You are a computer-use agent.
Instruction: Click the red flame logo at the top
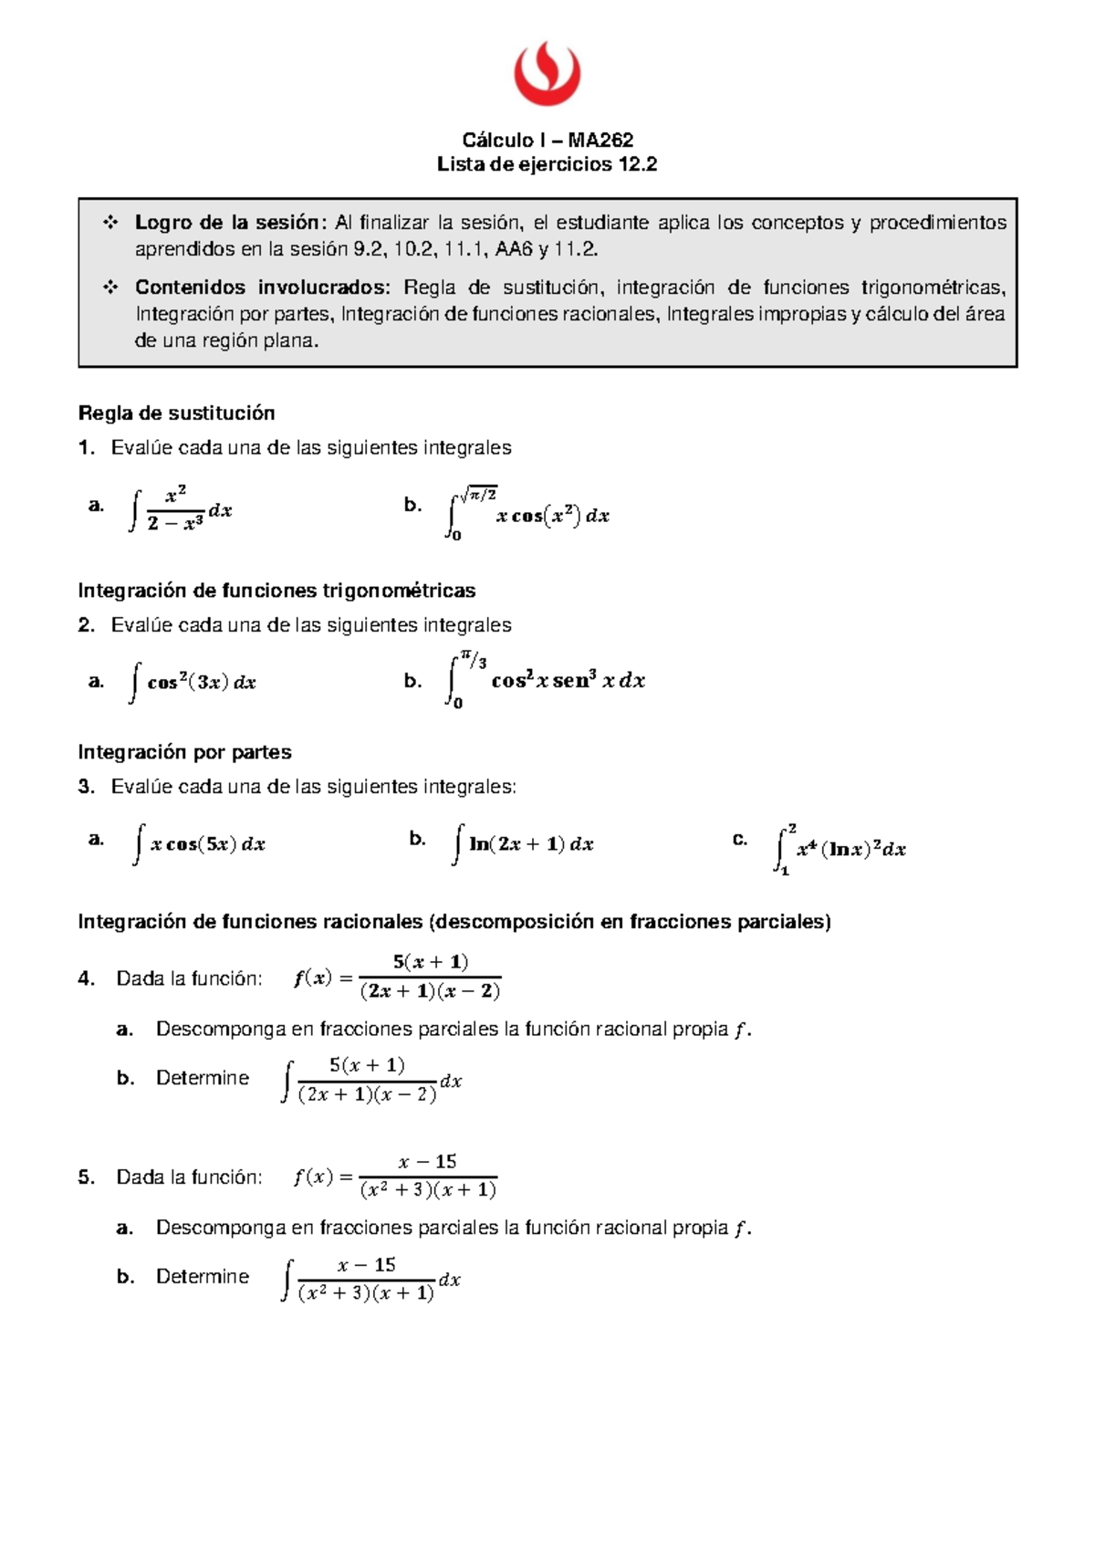[547, 73]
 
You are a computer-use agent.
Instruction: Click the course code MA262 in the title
[600, 140]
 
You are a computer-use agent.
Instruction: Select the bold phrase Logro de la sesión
[228, 223]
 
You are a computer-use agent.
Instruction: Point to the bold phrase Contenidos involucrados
[262, 288]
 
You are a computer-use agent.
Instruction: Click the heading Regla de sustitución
[176, 413]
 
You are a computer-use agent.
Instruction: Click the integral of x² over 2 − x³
[181, 509]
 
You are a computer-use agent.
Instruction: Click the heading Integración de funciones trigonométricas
[276, 591]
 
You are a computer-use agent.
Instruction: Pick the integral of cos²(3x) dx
[193, 682]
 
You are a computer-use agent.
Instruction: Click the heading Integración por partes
[184, 752]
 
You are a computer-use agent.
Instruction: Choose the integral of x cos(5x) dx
[200, 844]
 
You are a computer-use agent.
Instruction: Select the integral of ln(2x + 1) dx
[523, 844]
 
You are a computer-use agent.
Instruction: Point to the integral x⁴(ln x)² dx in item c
[840, 849]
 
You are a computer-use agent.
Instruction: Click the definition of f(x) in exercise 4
[398, 978]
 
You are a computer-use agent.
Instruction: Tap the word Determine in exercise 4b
[202, 1078]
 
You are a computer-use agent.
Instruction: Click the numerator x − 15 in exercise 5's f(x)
[427, 1161]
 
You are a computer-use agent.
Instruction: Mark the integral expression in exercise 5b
[370, 1279]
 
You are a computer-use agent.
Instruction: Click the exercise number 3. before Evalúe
[86, 787]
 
